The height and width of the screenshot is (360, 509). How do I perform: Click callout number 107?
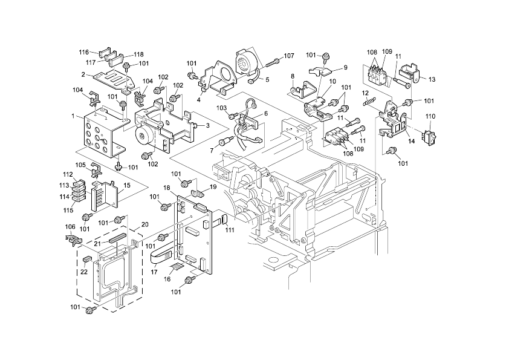click(x=289, y=56)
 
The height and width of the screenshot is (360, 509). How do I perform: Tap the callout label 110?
click(x=430, y=116)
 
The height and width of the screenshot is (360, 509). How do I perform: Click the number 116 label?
click(x=83, y=53)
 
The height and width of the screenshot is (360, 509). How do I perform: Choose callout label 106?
click(x=70, y=227)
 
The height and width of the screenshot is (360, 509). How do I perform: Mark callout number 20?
click(x=144, y=224)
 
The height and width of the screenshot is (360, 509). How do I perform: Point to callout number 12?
click(x=365, y=93)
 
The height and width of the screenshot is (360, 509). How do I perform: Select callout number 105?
click(x=80, y=165)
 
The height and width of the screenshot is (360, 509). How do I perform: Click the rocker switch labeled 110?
click(x=430, y=134)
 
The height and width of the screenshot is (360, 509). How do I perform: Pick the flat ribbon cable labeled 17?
click(x=161, y=257)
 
